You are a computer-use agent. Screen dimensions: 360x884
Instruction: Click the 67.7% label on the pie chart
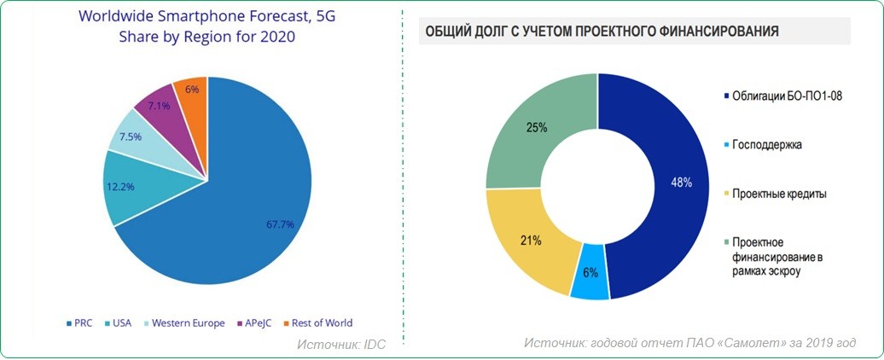[280, 224]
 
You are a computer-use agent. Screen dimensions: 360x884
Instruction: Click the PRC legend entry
[80, 323]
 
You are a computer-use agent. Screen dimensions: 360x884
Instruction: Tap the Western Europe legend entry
[183, 323]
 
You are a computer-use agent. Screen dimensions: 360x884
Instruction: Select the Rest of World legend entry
[317, 323]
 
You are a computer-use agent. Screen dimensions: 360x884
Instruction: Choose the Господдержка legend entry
[767, 145]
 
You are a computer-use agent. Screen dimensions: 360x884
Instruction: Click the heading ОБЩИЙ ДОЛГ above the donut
[597, 32]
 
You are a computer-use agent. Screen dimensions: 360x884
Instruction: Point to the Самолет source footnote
[689, 343]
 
